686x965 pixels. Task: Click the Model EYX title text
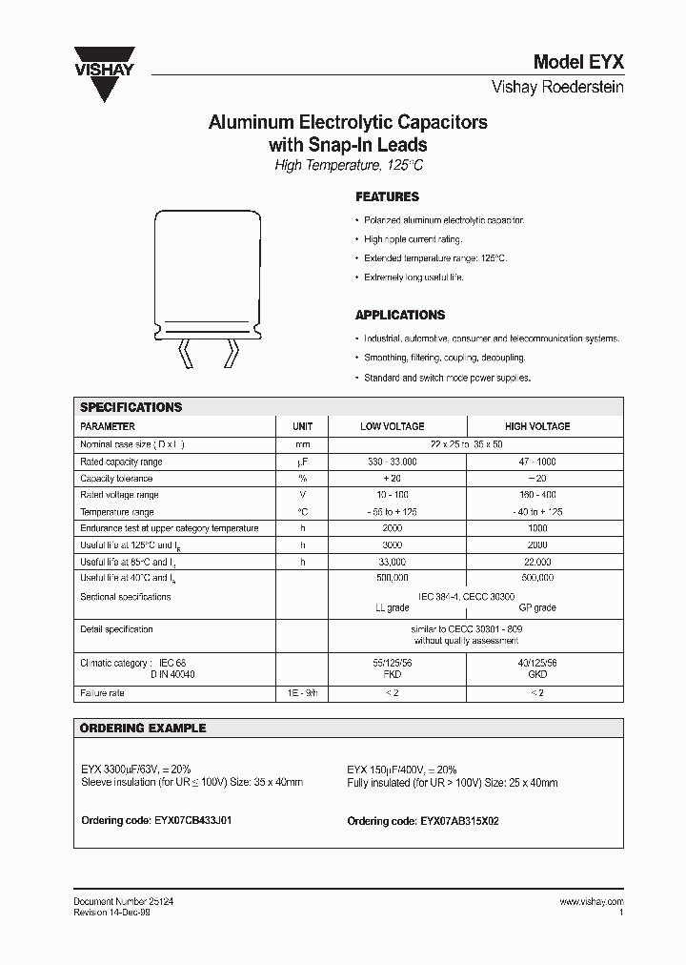(x=578, y=63)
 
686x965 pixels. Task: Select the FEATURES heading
(x=387, y=197)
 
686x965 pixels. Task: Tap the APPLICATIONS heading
(x=400, y=315)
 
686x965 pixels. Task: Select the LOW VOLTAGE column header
(x=392, y=426)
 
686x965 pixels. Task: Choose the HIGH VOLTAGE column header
(x=537, y=426)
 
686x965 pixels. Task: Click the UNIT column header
(x=303, y=426)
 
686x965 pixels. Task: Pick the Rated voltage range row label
(x=119, y=495)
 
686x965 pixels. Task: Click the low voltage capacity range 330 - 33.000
(x=392, y=462)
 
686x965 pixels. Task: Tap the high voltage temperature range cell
(x=537, y=512)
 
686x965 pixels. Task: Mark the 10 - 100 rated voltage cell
(x=392, y=495)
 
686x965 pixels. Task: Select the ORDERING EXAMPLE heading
(x=142, y=729)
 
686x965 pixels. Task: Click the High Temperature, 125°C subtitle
(x=348, y=166)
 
